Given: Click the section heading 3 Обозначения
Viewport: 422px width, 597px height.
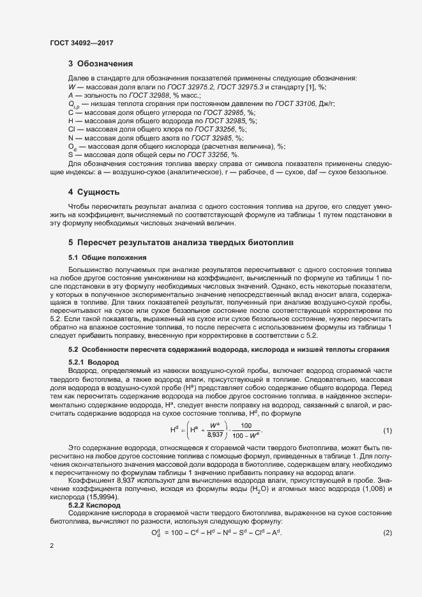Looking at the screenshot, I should pyautogui.click(x=100, y=64).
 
